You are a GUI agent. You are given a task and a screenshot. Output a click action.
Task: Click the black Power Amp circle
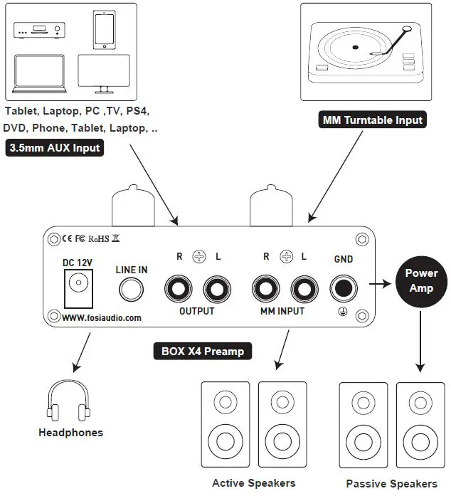click(421, 280)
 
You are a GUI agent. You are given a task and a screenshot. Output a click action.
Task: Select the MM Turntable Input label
click(373, 120)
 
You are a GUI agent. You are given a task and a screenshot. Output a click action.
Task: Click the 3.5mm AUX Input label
click(55, 148)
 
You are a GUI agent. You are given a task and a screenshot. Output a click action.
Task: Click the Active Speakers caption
click(253, 482)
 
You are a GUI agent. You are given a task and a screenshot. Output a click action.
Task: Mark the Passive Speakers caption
click(391, 483)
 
